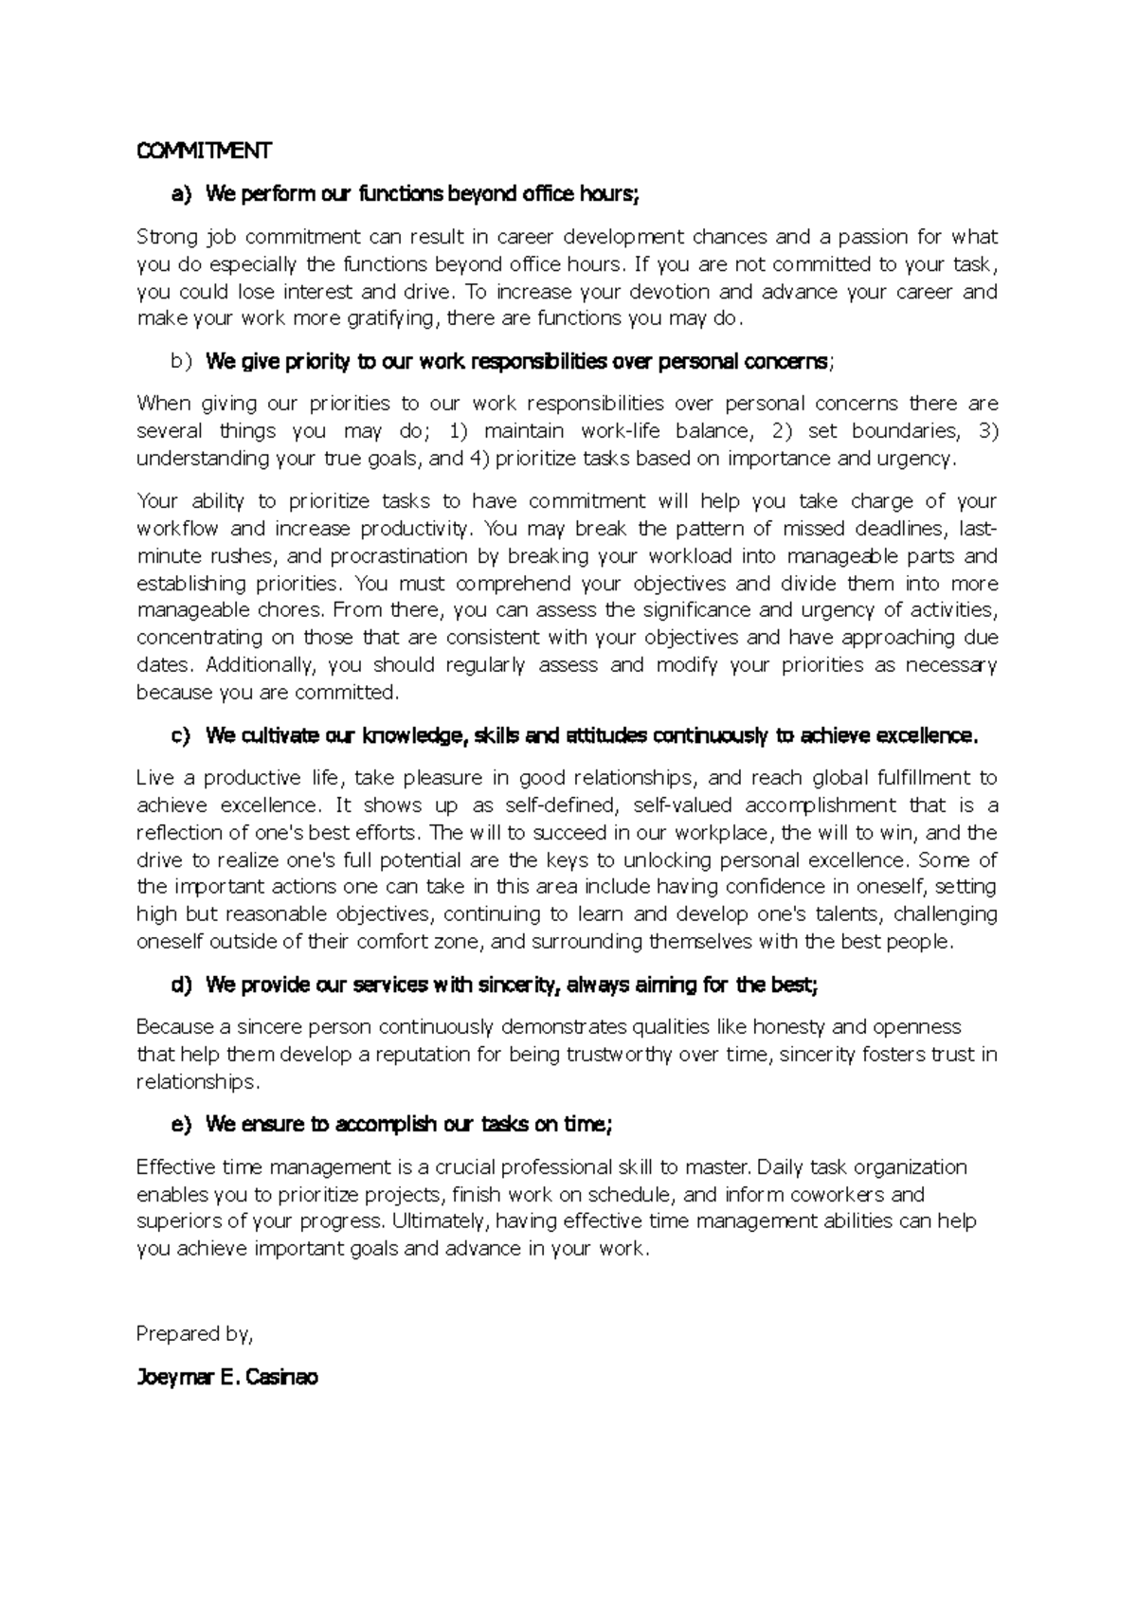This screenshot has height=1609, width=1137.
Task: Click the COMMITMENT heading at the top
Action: (x=204, y=151)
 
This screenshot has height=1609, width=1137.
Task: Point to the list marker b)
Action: (x=181, y=361)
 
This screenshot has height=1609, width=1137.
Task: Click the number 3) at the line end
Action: (x=986, y=431)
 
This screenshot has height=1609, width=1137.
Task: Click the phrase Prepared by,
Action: (x=195, y=1334)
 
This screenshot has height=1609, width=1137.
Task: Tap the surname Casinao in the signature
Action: (x=281, y=1378)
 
